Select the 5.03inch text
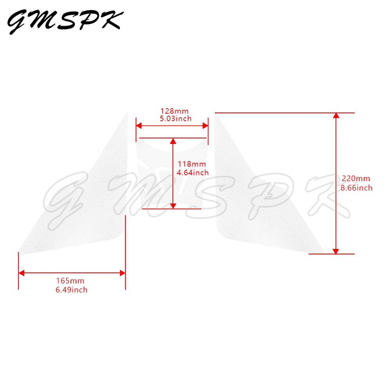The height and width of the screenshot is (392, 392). coord(176,118)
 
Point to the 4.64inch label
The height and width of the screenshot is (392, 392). coord(192,172)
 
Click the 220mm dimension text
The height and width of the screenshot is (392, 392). coord(356,178)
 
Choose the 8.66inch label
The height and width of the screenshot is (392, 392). coord(357,188)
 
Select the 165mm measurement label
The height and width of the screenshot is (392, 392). coord(70,281)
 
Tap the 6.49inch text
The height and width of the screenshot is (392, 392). coord(72,290)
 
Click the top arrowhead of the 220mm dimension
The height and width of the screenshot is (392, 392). coord(336,116)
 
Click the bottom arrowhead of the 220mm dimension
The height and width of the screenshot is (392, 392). coord(336,251)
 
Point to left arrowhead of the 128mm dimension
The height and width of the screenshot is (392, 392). coord(139,126)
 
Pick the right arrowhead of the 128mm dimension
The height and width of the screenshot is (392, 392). coord(205,126)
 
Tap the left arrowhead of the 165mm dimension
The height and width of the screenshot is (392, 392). coord(22,273)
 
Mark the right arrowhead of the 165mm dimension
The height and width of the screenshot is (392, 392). coord(122,273)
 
